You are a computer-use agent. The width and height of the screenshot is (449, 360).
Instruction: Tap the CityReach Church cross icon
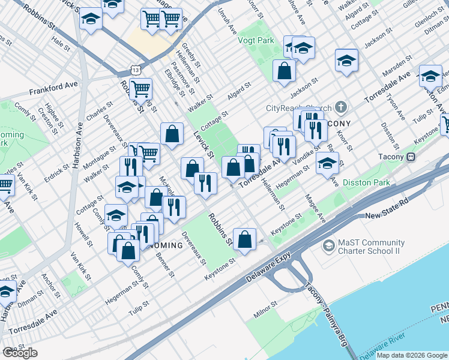[341, 108]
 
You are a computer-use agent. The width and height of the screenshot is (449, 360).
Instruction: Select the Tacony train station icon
[411, 157]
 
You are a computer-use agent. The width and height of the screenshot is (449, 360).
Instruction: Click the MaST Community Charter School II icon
[328, 245]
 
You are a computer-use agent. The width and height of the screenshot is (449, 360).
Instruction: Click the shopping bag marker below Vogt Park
[285, 71]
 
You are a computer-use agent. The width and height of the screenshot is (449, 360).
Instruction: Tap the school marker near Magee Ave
[327, 163]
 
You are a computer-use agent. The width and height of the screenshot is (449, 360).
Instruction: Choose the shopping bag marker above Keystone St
[244, 239]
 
